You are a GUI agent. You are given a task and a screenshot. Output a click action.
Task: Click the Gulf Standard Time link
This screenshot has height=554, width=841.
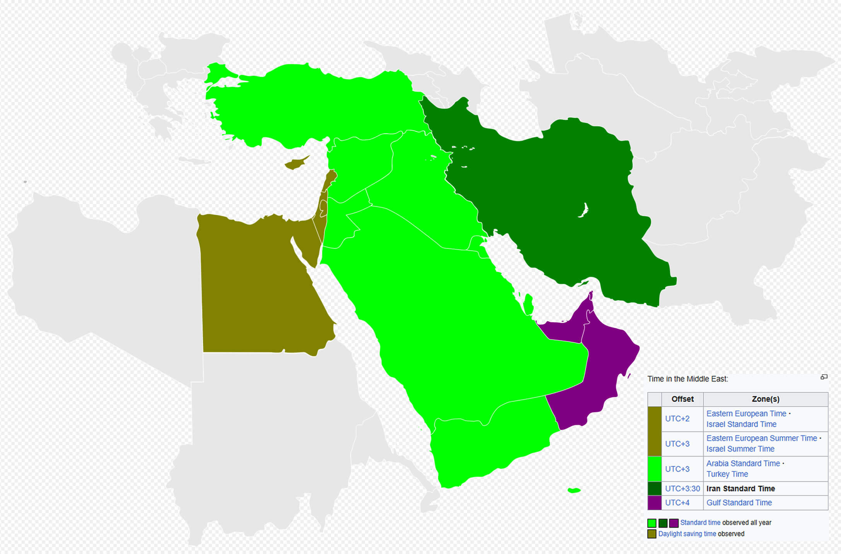[739, 503]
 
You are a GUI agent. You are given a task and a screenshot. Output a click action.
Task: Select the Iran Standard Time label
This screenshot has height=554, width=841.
[740, 489]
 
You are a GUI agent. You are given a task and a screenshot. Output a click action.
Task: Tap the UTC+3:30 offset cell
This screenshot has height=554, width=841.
[682, 489]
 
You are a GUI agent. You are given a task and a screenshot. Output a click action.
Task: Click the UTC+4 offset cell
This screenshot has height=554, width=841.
[677, 503]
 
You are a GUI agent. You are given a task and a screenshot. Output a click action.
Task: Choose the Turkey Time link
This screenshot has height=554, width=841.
[727, 474]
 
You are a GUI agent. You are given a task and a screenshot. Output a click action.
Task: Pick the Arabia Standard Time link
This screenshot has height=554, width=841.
[743, 463]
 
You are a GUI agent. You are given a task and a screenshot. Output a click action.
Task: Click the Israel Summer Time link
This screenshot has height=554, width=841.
[740, 449]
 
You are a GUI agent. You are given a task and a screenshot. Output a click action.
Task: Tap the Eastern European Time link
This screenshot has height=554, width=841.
[746, 413]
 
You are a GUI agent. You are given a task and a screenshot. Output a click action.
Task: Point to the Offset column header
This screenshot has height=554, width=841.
[682, 399]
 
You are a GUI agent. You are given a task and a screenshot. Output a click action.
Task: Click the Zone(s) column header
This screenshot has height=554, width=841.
[765, 399]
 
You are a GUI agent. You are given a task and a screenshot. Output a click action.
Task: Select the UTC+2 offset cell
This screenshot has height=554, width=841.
[677, 419]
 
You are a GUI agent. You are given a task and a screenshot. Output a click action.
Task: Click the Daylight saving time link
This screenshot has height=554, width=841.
[687, 534]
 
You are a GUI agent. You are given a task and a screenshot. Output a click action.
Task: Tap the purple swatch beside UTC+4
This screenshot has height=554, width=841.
[655, 503]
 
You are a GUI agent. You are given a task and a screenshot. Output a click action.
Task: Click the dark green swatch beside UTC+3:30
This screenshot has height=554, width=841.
[655, 489]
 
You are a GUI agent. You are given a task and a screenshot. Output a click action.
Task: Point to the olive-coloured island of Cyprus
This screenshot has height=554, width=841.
[295, 164]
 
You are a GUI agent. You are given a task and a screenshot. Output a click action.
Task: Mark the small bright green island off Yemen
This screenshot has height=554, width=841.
[574, 490]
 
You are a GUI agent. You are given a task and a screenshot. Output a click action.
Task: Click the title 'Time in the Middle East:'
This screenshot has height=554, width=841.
[687, 379]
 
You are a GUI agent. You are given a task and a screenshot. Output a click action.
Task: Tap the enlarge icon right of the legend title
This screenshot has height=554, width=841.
[824, 377]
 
